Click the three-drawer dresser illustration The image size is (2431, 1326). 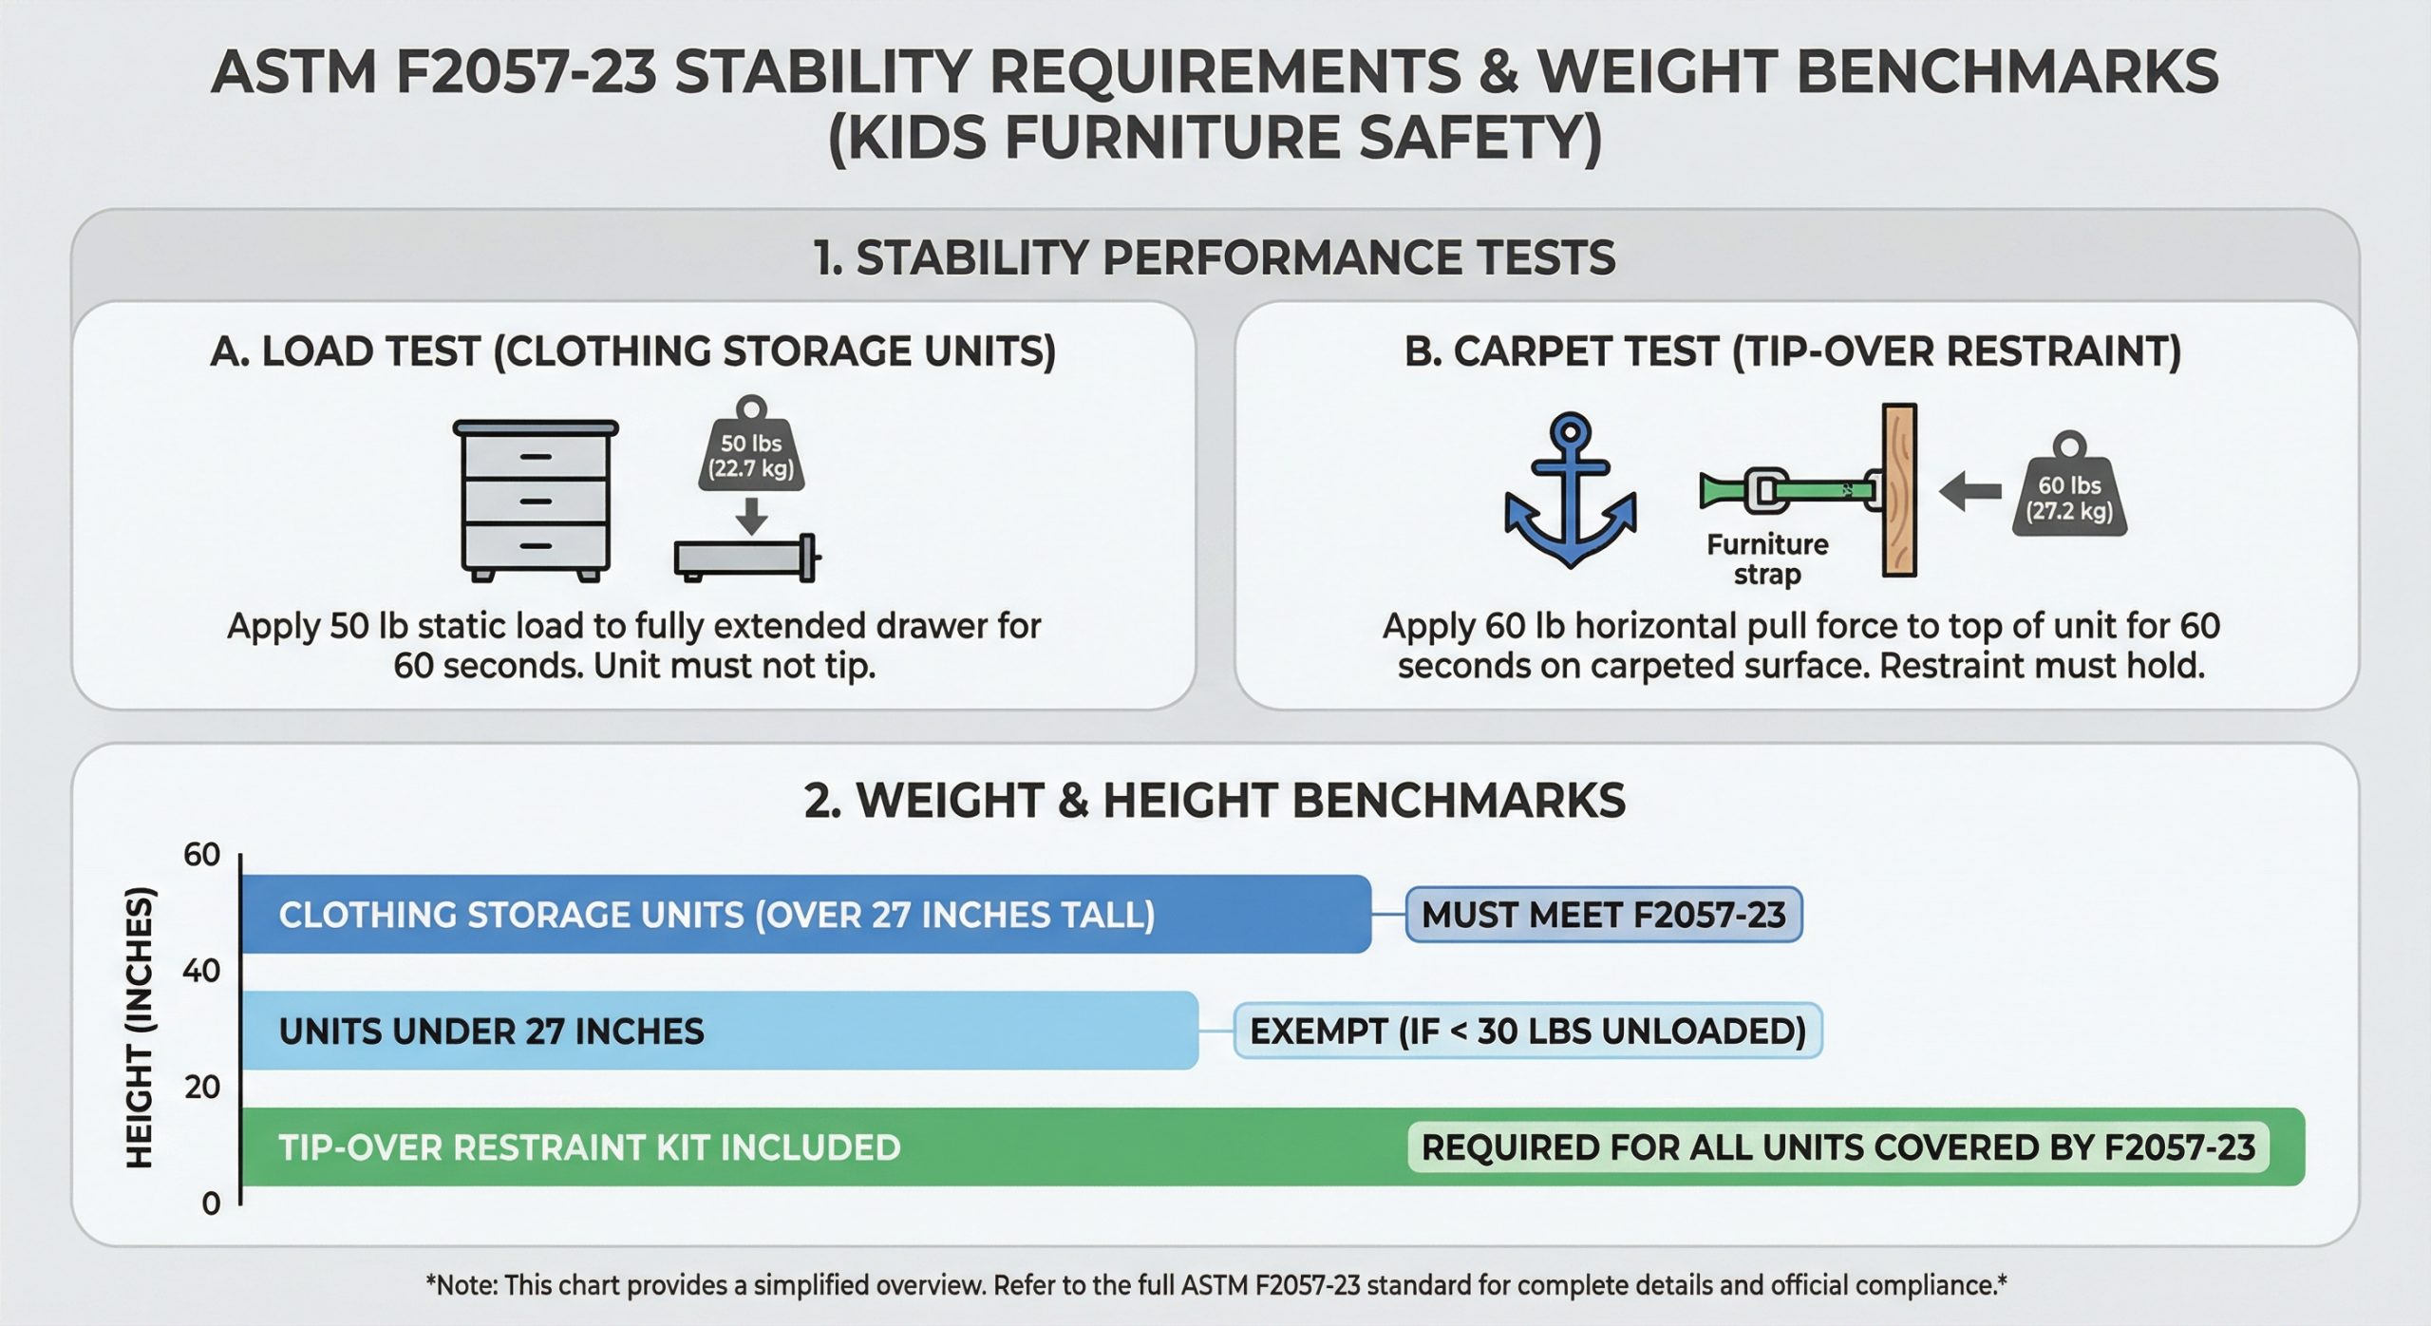(536, 501)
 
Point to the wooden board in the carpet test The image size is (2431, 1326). (1899, 490)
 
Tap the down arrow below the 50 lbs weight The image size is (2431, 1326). (751, 516)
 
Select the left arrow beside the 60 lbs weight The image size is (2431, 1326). (1969, 491)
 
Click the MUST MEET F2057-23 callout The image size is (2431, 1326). (1604, 915)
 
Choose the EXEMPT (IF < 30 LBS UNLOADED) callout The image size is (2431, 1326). (1528, 1031)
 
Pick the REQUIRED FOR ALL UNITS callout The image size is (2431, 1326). (1838, 1147)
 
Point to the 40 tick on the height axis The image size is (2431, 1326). (201, 971)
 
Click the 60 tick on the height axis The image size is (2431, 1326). (201, 855)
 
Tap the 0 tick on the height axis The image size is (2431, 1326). (211, 1203)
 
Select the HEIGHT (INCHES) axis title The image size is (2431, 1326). (139, 1027)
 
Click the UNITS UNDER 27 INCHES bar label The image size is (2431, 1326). (492, 1032)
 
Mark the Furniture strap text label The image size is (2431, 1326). (1767, 559)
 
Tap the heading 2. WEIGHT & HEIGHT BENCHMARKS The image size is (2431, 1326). (1215, 801)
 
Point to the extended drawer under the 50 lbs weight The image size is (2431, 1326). (747, 558)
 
